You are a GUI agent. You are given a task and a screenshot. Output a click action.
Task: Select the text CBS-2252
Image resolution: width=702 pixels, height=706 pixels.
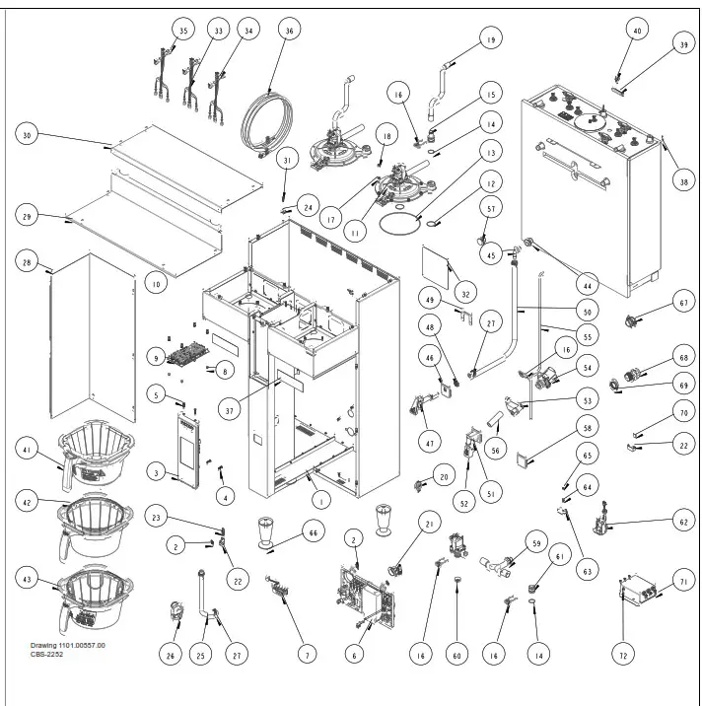[52, 654]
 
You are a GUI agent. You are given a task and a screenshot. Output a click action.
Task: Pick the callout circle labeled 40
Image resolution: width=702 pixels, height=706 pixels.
[637, 32]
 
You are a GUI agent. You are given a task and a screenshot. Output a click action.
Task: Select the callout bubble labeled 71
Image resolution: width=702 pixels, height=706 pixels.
[681, 584]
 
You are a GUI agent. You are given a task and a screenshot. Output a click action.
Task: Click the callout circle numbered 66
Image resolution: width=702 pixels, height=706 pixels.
[315, 533]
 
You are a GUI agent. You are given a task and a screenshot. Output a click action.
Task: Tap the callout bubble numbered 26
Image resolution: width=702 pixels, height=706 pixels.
[172, 654]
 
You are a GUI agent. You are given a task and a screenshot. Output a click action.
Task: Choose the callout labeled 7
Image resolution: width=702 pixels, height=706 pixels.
[309, 654]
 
